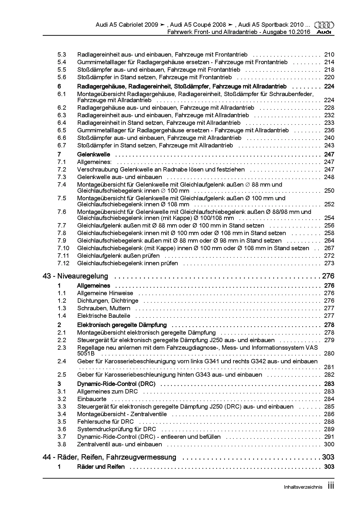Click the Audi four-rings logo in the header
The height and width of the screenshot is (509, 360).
(324, 25)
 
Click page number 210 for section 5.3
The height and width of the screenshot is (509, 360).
(329, 55)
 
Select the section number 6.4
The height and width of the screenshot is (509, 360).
(62, 123)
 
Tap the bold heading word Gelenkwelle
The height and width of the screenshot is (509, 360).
(93, 154)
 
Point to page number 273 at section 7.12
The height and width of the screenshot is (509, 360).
(329, 263)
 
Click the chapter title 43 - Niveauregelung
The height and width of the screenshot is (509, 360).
(75, 276)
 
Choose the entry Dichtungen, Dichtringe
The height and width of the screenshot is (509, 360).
(108, 301)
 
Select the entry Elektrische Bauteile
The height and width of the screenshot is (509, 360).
(104, 316)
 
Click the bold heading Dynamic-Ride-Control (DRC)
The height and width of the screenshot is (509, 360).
(116, 384)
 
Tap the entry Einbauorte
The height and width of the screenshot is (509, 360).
(92, 399)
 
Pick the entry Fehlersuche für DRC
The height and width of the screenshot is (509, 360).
(105, 422)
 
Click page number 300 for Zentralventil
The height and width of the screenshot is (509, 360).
(329, 444)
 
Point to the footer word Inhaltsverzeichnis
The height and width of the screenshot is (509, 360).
(303, 487)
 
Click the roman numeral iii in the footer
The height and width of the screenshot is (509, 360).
(331, 486)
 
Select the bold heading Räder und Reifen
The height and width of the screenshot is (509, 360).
(101, 467)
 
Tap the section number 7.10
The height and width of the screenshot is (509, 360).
(63, 248)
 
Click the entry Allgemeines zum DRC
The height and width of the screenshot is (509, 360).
(107, 391)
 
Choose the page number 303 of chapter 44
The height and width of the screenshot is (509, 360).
(328, 457)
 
